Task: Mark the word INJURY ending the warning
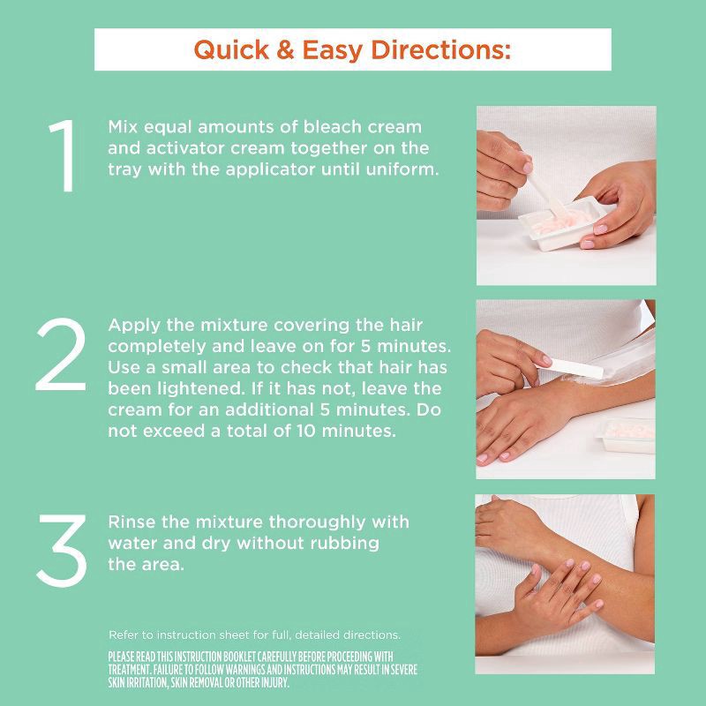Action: click(x=267, y=683)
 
